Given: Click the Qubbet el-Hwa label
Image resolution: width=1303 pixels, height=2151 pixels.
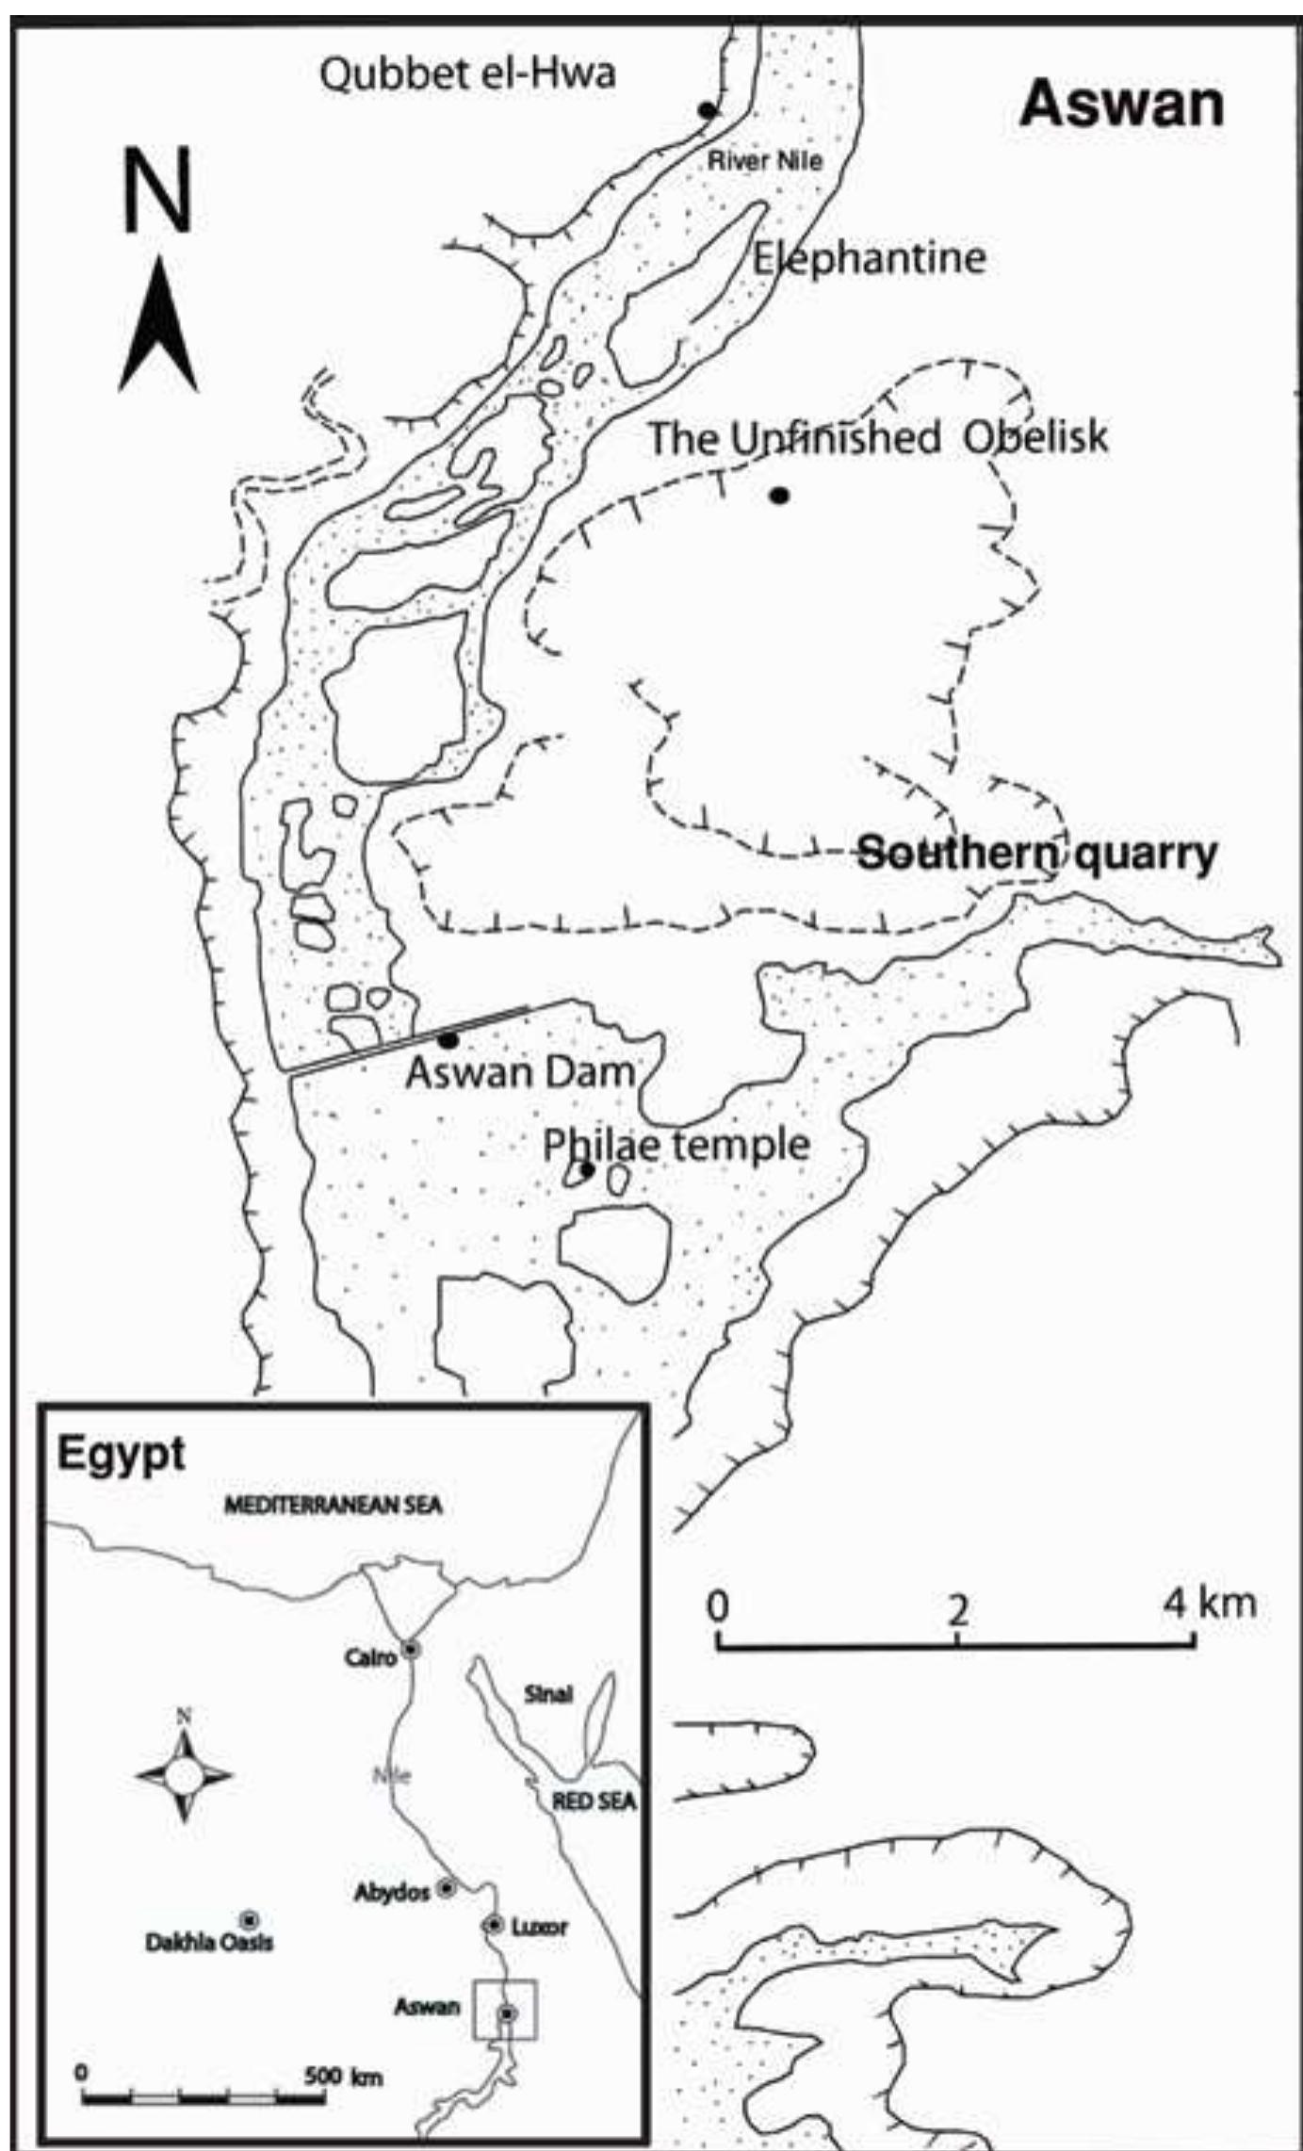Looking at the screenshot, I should [467, 73].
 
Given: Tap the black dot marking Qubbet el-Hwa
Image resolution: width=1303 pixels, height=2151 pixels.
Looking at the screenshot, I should [708, 111].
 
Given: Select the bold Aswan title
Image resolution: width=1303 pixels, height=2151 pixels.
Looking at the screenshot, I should [1122, 104].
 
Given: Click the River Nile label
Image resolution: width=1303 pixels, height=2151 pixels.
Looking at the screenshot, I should [764, 160].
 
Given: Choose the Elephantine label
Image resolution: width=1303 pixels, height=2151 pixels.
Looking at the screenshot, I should [869, 257].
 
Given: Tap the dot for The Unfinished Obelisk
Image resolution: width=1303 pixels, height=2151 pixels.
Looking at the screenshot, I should [778, 495].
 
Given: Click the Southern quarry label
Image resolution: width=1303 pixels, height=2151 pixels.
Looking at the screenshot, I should [1036, 854].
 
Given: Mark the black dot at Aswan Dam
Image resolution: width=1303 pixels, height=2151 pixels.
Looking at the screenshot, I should [448, 1040].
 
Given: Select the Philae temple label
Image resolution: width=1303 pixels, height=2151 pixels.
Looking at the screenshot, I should [676, 1145].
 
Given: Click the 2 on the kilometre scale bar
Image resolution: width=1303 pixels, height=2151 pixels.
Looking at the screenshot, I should [957, 1610].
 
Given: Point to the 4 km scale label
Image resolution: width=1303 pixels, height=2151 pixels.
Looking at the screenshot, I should [1210, 1603].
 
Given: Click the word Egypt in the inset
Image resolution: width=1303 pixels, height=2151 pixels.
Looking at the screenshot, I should [121, 1454].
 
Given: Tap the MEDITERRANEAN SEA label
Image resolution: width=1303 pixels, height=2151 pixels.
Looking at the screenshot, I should [333, 1506].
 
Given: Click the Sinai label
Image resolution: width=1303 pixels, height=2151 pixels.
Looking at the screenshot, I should [547, 1694].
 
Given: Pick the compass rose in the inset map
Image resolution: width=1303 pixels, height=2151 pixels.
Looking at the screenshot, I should [185, 1776].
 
